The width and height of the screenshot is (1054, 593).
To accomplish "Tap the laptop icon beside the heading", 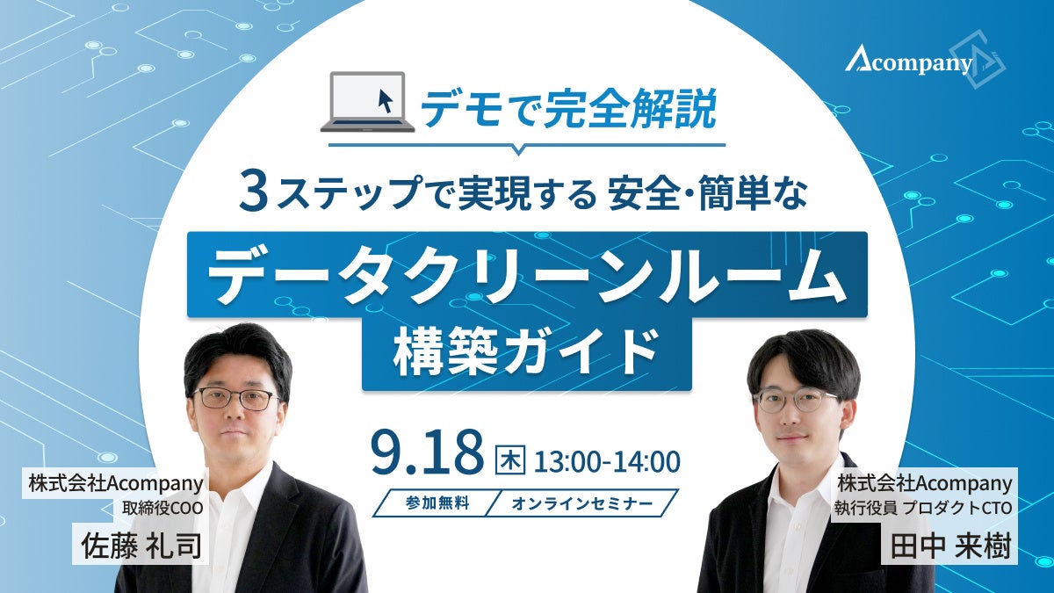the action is [x=367, y=102].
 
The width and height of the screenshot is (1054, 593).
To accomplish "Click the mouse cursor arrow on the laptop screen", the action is [x=386, y=101].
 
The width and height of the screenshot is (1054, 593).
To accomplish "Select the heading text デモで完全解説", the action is [x=568, y=110].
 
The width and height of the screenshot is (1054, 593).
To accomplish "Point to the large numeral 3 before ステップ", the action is [x=254, y=192].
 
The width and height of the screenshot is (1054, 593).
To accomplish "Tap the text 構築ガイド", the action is [x=526, y=353].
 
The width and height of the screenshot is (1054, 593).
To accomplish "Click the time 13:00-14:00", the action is [x=607, y=461].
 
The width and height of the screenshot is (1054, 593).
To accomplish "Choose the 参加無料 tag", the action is [x=437, y=503].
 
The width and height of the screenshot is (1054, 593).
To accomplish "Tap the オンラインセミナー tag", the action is [x=582, y=503].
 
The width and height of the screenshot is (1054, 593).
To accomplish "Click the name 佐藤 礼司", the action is [x=141, y=546].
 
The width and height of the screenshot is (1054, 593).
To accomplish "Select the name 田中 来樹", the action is [x=950, y=546].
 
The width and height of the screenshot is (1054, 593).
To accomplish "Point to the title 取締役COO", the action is [x=162, y=509].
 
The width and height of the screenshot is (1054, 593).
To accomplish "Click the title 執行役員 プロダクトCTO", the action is [x=923, y=509].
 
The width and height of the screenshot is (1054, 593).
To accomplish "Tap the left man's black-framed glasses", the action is [x=235, y=399].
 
